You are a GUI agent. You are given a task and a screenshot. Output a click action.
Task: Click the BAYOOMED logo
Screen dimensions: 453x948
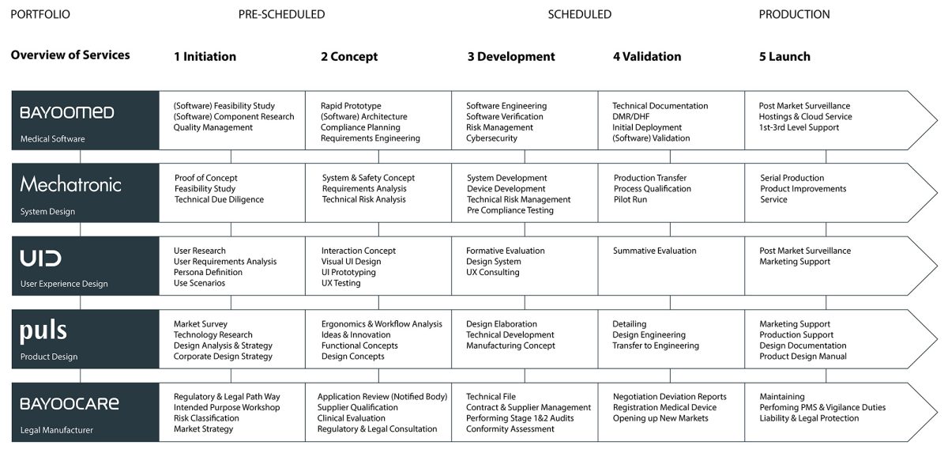(67, 112)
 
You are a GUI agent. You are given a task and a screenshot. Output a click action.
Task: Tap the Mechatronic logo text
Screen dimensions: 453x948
(71, 185)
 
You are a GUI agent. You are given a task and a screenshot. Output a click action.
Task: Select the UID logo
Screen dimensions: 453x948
(41, 258)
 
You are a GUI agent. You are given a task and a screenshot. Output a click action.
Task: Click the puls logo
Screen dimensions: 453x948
(43, 331)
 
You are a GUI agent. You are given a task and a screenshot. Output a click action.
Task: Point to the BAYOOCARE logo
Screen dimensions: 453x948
(70, 404)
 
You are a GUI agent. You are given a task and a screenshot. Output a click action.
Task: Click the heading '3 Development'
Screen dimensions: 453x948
(511, 57)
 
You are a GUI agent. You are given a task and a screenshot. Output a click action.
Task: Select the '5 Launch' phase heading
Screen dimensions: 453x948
(784, 57)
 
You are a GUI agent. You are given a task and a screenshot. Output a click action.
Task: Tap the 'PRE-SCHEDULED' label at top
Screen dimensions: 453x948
(281, 14)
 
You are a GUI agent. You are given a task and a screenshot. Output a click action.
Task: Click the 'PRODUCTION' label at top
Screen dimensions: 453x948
(794, 14)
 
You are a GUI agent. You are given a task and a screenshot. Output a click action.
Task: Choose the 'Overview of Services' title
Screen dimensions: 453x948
(70, 55)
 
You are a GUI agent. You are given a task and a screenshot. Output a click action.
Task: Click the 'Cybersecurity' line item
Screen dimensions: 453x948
(491, 138)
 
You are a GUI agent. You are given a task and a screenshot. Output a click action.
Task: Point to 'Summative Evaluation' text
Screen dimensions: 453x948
(654, 251)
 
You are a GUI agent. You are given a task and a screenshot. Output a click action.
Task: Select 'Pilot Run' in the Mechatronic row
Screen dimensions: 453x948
(630, 200)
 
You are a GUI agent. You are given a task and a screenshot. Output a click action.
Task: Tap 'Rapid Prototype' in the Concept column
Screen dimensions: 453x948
(351, 106)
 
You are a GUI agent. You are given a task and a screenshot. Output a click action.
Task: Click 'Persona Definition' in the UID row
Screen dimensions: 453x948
(208, 273)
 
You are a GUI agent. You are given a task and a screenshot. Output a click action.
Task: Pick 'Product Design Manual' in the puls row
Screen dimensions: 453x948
(803, 357)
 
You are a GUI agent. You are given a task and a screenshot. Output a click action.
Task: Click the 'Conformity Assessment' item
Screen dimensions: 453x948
(510, 429)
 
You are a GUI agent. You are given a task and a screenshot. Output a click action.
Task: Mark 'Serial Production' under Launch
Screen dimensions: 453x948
(792, 179)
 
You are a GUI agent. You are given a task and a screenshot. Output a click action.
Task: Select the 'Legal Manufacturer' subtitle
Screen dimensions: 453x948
(56, 430)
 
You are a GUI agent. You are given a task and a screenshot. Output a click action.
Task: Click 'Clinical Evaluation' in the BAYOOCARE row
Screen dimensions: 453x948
(352, 418)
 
